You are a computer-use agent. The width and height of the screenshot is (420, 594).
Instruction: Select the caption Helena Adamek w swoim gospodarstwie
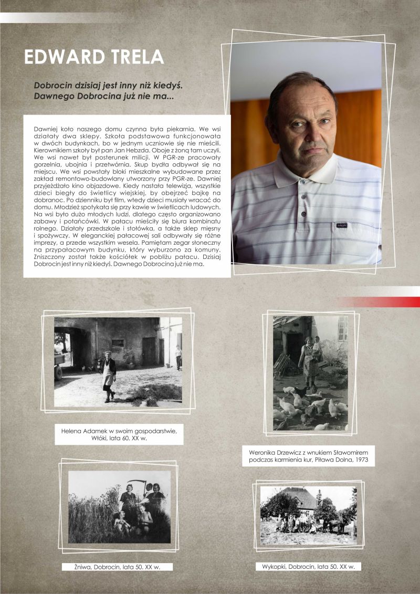pos(119,431)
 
